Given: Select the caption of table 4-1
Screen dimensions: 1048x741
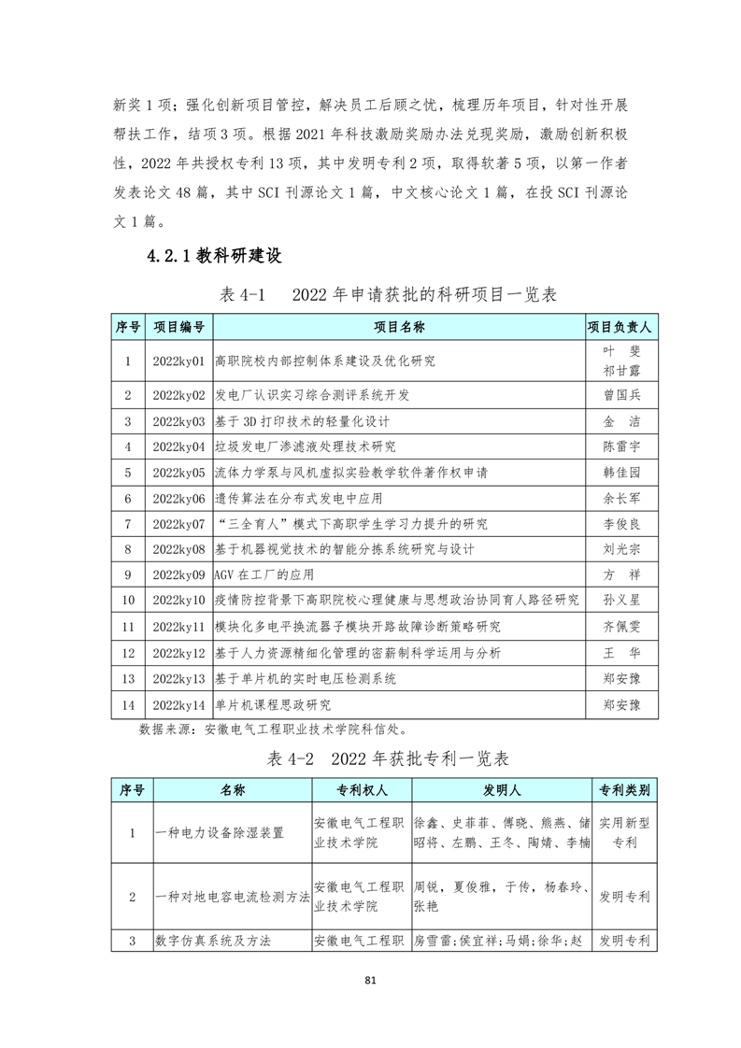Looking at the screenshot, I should tap(387, 294).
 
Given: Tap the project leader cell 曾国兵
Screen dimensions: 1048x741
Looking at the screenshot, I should tap(621, 395).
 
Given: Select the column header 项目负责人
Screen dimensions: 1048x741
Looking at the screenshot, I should tap(621, 327).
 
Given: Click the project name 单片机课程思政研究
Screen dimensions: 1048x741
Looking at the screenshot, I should tap(273, 703).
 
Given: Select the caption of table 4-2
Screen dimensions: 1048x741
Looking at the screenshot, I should tap(387, 758).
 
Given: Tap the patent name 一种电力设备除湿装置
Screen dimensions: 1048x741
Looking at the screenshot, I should tap(220, 832).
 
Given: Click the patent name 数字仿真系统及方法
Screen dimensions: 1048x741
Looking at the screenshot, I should tap(214, 942).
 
